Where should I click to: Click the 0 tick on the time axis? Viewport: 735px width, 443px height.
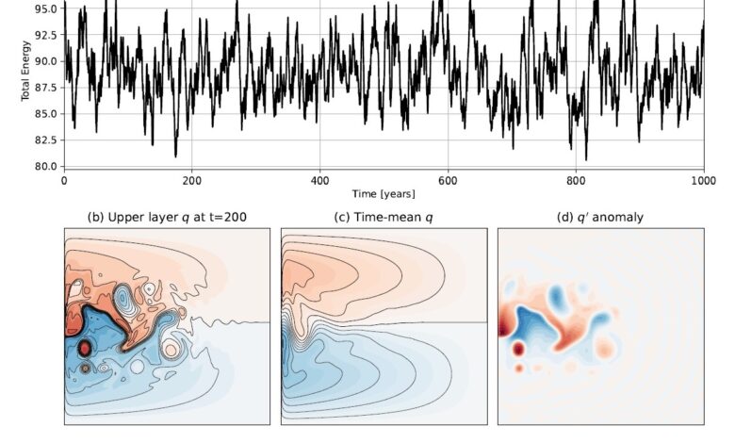[64, 179]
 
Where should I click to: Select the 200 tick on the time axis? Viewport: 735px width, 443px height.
[192, 179]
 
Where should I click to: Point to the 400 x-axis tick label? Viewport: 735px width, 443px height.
[320, 179]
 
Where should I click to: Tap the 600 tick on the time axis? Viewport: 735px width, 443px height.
[449, 179]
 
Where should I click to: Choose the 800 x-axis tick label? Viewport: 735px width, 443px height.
[577, 179]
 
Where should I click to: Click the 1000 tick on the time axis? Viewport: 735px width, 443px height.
[703, 179]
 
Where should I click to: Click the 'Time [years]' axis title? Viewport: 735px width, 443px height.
[384, 193]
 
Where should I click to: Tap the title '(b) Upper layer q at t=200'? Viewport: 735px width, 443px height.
[167, 216]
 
